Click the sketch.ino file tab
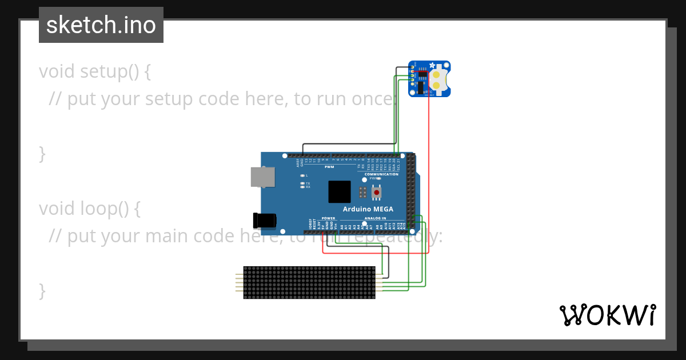tap(101, 25)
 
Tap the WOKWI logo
tap(607, 315)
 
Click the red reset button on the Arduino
tap(376, 193)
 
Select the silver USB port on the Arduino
tap(261, 177)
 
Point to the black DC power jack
tap(265, 220)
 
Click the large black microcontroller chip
tap(340, 191)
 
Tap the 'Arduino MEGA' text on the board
tap(368, 209)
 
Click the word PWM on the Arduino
tap(329, 167)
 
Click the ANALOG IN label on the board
tap(376, 218)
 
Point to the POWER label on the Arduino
tap(328, 218)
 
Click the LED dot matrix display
tap(309, 282)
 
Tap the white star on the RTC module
tap(432, 65)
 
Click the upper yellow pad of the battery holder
tap(437, 74)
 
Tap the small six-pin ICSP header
tap(362, 192)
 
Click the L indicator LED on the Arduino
tap(302, 175)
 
